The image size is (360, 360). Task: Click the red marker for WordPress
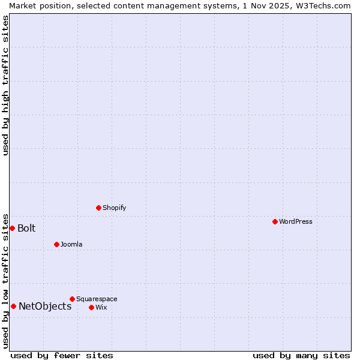pos(275,221)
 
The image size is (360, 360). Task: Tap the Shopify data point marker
pos(98,208)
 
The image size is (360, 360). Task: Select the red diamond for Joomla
pos(56,244)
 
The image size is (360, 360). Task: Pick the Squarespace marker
pos(72,299)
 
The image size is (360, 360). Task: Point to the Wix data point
pos(91,307)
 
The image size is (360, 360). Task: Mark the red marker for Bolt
pos(12,228)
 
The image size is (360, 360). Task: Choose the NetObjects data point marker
pos(13,306)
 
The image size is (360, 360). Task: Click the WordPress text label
pos(296,221)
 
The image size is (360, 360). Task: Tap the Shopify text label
pos(114,208)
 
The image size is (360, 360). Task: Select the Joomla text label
pos(71,244)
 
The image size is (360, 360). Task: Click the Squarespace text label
pos(97,299)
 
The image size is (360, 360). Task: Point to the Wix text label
pos(101,307)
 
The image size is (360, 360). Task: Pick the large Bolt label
pos(26,228)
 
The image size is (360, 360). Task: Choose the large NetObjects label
pos(45,306)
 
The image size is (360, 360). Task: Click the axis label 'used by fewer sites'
pos(62,355)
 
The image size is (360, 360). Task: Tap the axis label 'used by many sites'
pos(301,355)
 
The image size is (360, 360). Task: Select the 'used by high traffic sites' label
pos(5,85)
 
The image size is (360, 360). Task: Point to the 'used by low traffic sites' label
pos(5,280)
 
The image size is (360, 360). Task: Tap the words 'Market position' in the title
pos(38,5)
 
